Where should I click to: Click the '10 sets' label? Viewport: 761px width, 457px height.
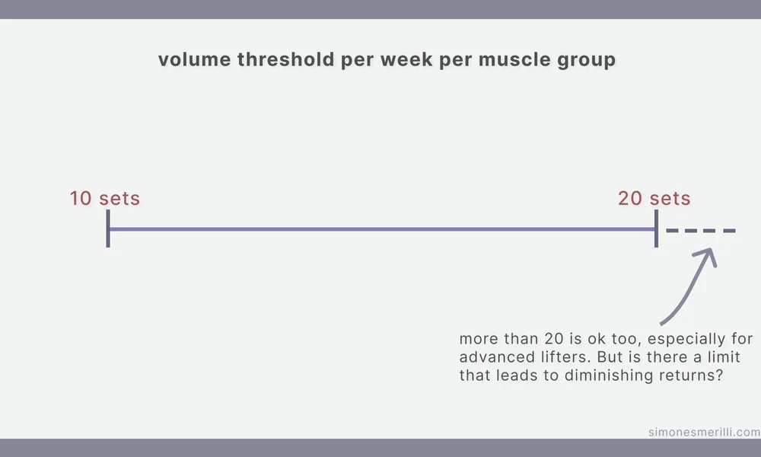105,199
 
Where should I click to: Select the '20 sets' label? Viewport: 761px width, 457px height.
654,199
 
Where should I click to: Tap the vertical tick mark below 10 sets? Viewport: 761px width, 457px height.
108,229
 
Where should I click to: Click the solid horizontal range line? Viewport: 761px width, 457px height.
380,229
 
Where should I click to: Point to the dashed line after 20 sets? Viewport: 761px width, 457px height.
701,230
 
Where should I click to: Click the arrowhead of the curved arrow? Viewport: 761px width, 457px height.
712,254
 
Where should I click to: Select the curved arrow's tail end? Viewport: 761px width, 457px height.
662,323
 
